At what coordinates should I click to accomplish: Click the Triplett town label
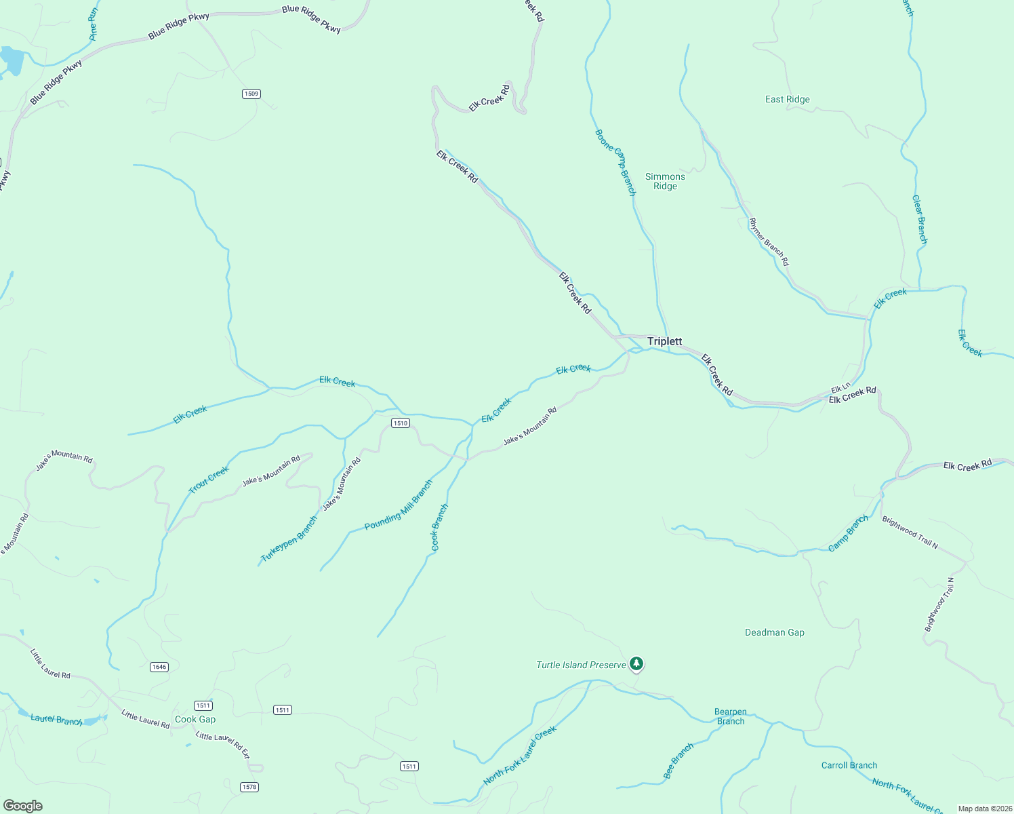coord(664,341)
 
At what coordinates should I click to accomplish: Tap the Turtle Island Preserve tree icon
coord(636,663)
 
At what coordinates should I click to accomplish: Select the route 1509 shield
coord(251,94)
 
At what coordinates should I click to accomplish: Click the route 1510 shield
coord(401,423)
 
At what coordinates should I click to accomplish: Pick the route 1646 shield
coord(159,667)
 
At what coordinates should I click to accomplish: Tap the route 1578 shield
coord(249,787)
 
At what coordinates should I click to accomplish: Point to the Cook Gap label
coord(195,720)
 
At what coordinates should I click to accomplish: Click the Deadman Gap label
coord(774,632)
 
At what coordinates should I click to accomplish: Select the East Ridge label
coord(787,99)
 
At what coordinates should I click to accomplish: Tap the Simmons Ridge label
coord(665,181)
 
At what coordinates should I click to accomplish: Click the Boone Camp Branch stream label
coord(615,162)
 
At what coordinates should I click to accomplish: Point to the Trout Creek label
coord(209,480)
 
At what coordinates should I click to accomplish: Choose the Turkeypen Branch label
coord(289,539)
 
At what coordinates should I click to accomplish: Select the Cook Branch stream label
coord(440,527)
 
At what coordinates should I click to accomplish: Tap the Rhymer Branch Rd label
coord(769,241)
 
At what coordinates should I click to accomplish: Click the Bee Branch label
coord(678,760)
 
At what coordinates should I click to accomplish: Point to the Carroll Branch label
coord(849,765)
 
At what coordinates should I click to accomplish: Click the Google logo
coord(23,806)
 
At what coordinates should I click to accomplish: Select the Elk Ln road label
coord(840,389)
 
